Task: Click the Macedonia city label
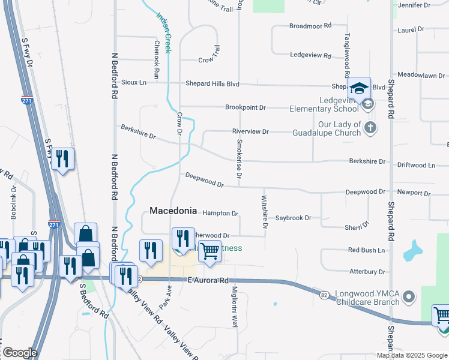tap(173, 211)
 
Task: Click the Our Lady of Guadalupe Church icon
tap(370, 127)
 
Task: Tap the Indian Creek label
tap(164, 34)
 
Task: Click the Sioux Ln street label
tap(134, 82)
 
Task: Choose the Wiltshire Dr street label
tap(264, 211)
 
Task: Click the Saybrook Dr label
tap(293, 218)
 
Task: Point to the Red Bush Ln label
tap(366, 250)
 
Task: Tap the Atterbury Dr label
tap(367, 272)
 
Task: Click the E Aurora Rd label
tap(208, 280)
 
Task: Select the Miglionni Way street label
tap(235, 307)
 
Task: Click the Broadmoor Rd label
tap(310, 26)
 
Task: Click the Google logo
tap(20, 353)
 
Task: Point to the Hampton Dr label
tap(220, 213)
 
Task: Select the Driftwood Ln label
tap(416, 165)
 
